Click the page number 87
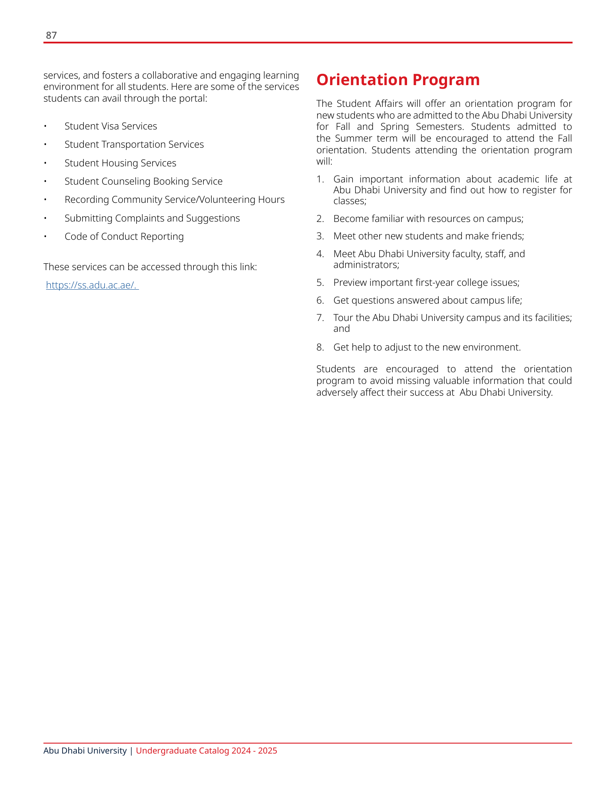pos(51,36)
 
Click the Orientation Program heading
pos(398,80)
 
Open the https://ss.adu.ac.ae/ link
pos(91,285)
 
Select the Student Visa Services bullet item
pos(110,126)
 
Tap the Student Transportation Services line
pos(134,145)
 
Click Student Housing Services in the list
pos(120,163)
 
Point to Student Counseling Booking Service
pos(143,182)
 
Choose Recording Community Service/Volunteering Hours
pos(174,200)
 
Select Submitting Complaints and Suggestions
pos(152,218)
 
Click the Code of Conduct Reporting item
pos(124,237)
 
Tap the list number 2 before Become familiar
pos(320,219)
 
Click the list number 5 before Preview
pos(320,283)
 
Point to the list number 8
pos(320,347)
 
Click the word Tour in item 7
pos(343,318)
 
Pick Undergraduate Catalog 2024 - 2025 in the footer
pos(206,751)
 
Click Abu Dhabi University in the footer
pos(85,751)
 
